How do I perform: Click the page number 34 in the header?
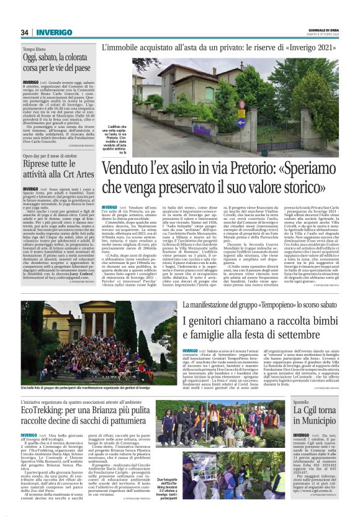25,32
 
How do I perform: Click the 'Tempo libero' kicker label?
36,48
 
